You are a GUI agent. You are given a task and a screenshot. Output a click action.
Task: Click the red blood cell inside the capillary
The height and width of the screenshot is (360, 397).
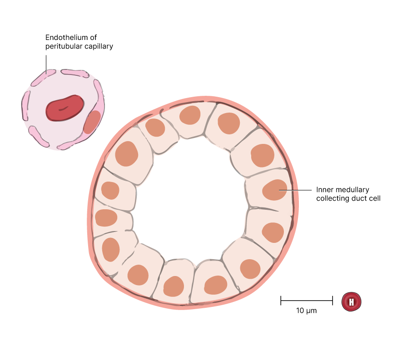point(65,108)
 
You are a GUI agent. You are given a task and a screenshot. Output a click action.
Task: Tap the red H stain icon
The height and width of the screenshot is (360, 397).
point(352,301)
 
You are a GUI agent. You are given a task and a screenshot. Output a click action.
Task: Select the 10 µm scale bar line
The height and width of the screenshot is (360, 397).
point(307,300)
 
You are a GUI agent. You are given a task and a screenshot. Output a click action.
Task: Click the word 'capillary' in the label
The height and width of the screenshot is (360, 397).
point(97,46)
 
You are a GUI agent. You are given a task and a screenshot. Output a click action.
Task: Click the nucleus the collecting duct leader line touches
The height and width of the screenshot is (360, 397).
point(275,190)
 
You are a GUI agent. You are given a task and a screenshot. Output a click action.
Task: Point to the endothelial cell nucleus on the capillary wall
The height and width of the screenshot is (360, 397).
point(92,122)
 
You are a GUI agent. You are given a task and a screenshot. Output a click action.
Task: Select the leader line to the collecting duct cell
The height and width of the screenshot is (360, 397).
point(295,190)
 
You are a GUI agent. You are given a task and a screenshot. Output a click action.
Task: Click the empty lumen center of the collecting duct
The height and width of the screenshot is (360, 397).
point(191,200)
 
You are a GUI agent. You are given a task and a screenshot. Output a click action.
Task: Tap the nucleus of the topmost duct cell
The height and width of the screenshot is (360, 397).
point(189,115)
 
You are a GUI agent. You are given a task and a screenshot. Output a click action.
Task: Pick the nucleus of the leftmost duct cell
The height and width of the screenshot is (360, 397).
point(106,218)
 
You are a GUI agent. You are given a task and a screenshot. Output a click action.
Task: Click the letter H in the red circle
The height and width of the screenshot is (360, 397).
point(352,301)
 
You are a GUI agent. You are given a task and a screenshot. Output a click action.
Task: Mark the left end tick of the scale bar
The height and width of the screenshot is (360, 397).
point(281,300)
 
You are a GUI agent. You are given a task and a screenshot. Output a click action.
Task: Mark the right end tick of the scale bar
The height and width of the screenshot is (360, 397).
point(333,300)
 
